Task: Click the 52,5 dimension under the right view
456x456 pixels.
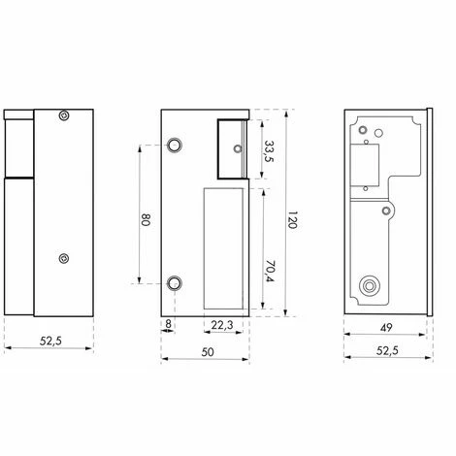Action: [386, 351]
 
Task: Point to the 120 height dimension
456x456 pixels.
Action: [292, 220]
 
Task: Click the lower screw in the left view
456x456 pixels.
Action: [64, 258]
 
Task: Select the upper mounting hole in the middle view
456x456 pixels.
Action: [175, 146]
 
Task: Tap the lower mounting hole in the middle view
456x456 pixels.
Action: [175, 282]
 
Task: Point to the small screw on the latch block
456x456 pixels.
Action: [238, 148]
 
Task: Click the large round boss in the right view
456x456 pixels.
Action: [370, 286]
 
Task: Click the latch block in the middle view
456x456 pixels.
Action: [232, 148]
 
